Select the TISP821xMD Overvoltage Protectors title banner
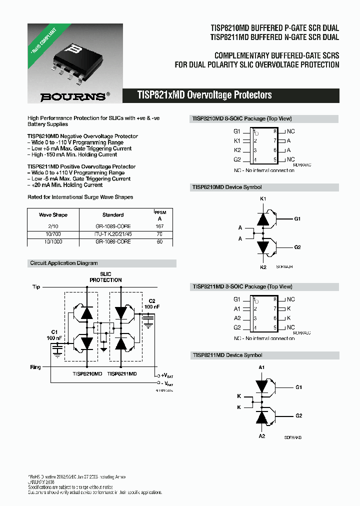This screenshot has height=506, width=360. coord(204,95)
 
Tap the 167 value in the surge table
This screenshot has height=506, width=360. coord(160,226)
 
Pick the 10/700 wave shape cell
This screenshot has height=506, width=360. coord(53,234)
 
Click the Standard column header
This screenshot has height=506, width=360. coord(113,215)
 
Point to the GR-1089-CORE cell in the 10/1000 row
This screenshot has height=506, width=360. coord(113,241)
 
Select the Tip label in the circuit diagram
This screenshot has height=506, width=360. coord(36,287)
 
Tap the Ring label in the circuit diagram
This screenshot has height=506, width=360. coord(35,367)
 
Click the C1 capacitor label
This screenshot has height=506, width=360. coord(54,332)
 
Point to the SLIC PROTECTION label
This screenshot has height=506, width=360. coord(105,277)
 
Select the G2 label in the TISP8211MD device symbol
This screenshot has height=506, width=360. coord(298,415)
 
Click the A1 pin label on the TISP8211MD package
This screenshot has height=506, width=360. coord(237,309)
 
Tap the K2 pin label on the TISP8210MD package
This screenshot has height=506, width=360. coord(237,150)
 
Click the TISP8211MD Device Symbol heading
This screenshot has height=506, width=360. coord(227,355)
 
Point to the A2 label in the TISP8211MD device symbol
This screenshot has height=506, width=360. coord(261,436)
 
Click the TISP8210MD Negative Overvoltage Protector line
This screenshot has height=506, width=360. coord(82,136)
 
